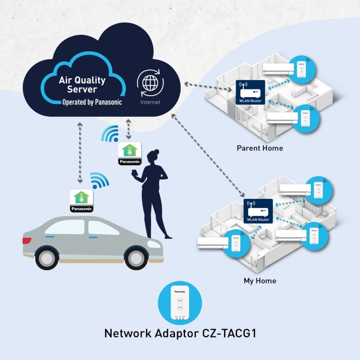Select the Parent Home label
coord(260,148)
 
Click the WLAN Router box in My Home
coord(257,211)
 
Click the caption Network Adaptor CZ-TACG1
coord(180,334)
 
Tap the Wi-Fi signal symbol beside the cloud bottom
coord(111,134)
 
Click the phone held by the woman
coord(136,174)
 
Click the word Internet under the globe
coord(150,102)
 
